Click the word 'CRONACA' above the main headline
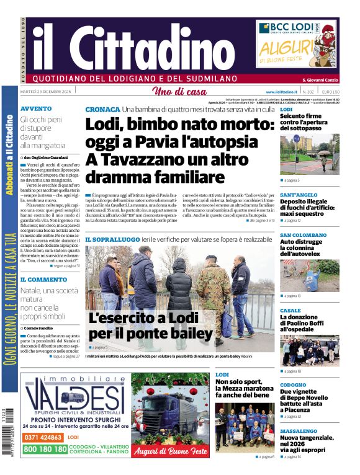[102, 109]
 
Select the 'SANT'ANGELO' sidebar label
[300, 195]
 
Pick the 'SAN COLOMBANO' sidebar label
[303, 235]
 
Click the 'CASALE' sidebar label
[290, 311]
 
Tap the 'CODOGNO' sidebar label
[293, 384]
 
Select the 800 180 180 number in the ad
[43, 449]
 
